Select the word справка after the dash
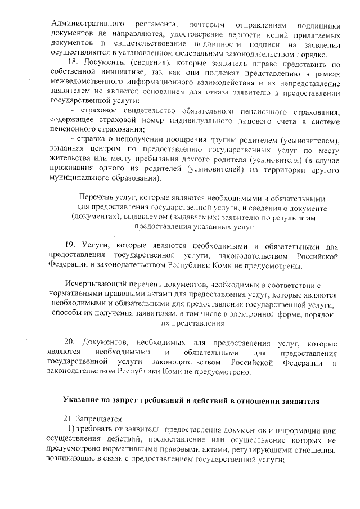(97, 139)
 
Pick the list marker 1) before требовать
(72, 430)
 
